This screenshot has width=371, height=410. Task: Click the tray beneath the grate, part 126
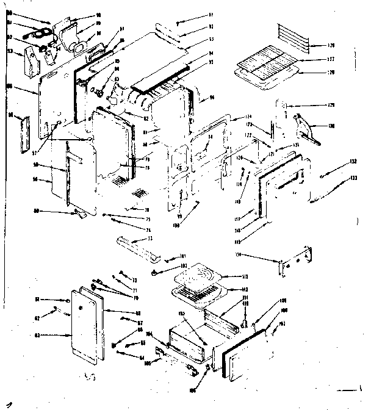point(265,76)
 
